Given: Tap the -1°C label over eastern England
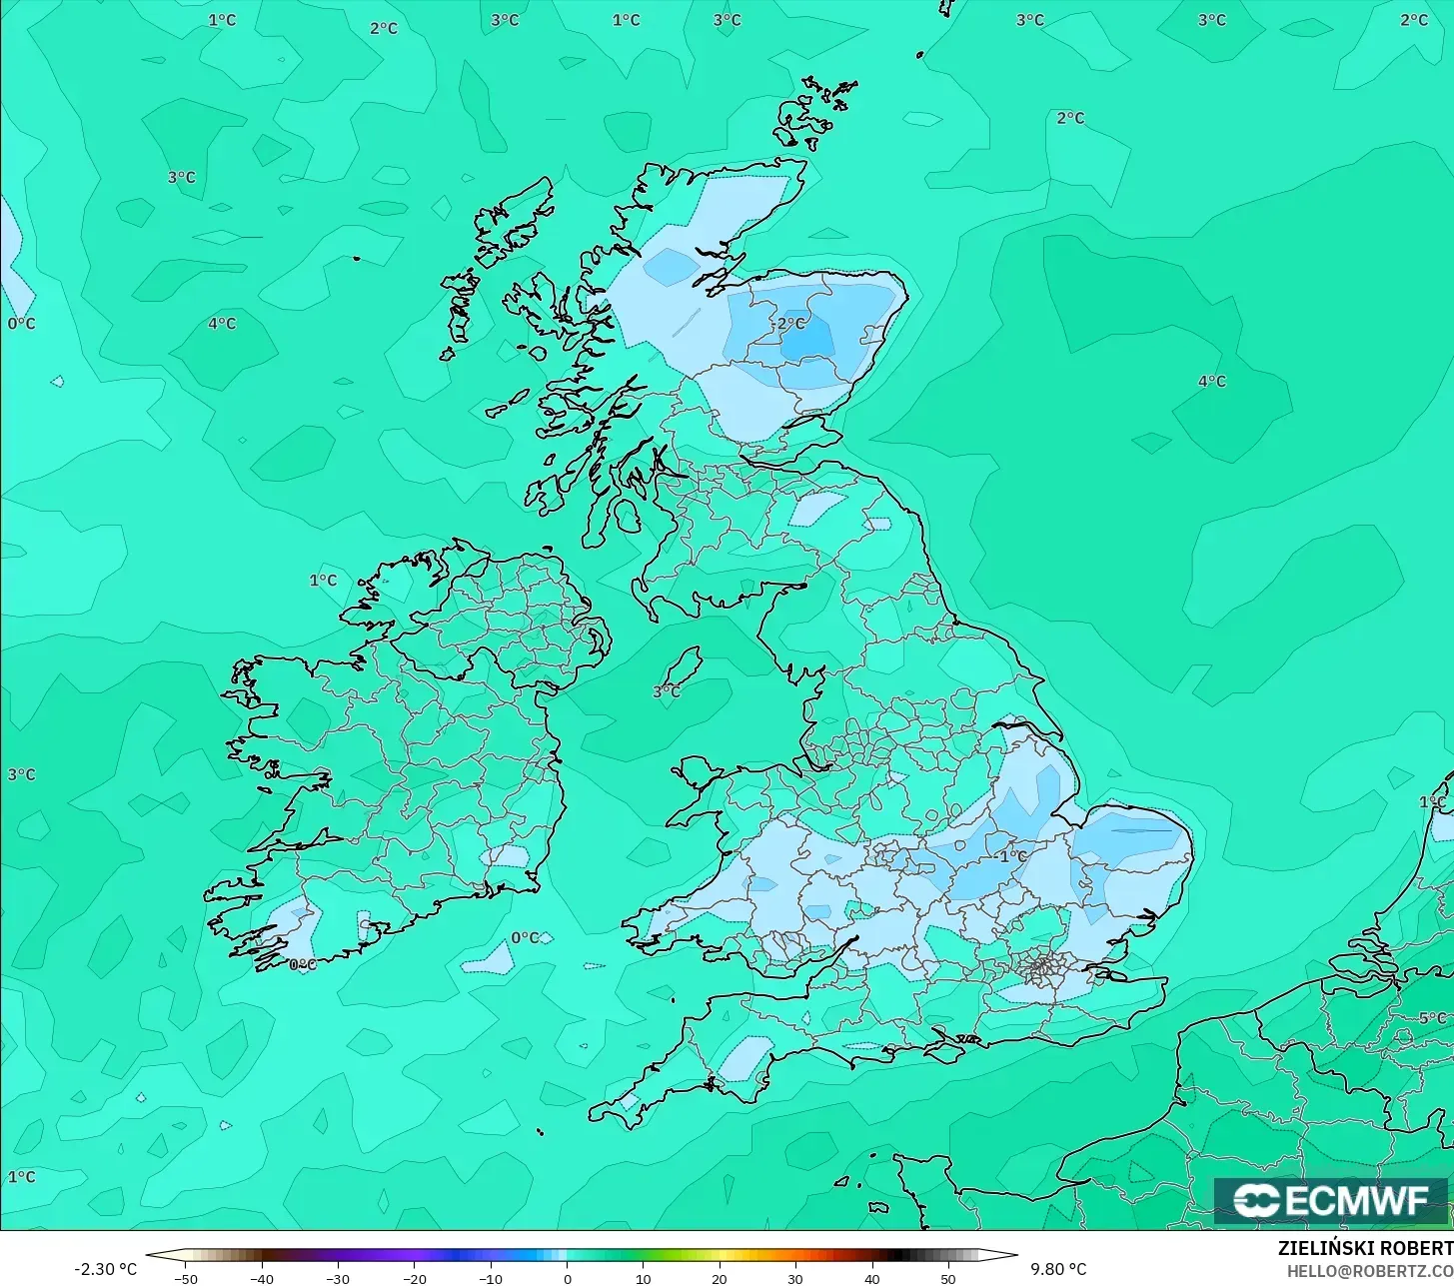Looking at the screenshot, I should (1011, 856).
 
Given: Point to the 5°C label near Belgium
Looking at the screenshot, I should (1431, 1018).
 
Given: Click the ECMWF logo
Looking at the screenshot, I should (1330, 1200).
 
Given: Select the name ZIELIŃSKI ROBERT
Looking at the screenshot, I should (1365, 1248).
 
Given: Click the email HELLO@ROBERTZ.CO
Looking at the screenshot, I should (1370, 1270).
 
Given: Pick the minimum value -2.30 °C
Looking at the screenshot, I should (105, 1269).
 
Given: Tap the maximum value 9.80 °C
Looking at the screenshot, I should (1058, 1269).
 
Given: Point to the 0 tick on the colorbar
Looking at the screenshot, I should (567, 1278).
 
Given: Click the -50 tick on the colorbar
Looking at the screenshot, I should (185, 1278).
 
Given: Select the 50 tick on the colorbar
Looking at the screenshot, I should (947, 1278).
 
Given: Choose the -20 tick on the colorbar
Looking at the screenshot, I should (414, 1278).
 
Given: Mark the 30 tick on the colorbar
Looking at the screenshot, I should (795, 1278).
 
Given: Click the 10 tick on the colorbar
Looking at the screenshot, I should (643, 1278).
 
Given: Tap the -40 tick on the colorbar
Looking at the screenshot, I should (261, 1278).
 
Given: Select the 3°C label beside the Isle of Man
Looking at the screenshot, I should (667, 691).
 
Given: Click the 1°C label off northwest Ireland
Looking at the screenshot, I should (323, 580).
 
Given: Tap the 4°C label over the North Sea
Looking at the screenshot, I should (1211, 381).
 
